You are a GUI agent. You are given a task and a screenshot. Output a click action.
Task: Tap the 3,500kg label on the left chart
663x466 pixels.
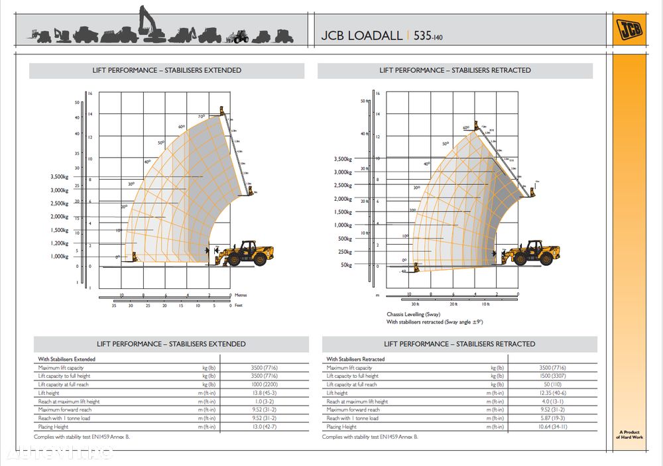59,177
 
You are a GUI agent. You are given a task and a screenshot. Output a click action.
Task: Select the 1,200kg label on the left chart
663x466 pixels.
59,243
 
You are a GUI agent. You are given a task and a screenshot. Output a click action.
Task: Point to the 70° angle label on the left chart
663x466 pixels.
202,117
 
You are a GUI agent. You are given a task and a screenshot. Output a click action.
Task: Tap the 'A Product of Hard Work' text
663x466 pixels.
628,434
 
